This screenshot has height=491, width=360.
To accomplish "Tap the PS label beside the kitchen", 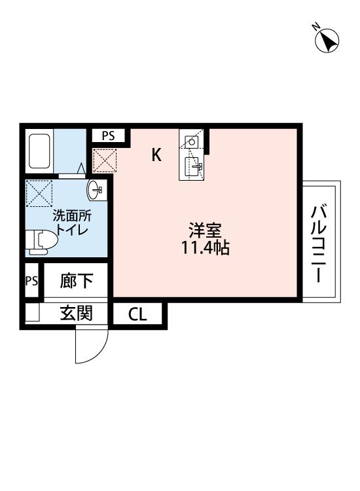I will pos(108,136).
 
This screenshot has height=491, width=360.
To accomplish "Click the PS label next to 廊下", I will pos(31,281).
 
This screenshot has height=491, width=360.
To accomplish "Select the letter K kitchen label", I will pos(156,155).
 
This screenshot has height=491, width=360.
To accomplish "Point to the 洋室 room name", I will pos(206,231).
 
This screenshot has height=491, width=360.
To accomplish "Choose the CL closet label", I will pos(137,315).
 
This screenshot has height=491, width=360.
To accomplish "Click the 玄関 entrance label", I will pos(76,314).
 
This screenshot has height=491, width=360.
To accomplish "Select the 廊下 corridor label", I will pos(76,282).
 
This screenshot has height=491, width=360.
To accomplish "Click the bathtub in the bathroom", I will pos(40,151).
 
